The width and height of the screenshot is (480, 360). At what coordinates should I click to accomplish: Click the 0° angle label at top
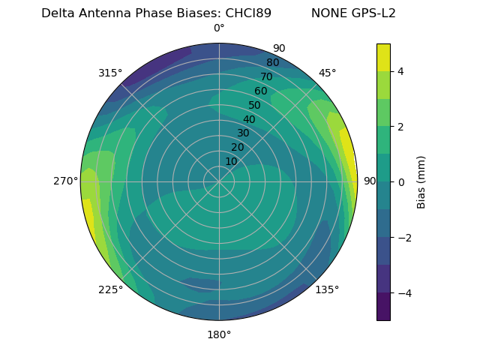pyautogui.click(x=219, y=28)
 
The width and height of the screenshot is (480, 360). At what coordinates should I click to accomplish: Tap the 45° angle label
pyautogui.click(x=327, y=73)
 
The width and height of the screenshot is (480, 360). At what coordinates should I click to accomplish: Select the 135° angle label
pyautogui.click(x=327, y=290)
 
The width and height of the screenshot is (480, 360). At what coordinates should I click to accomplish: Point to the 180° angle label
pyautogui.click(x=219, y=334)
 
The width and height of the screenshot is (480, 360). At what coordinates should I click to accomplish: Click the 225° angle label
pyautogui.click(x=110, y=290)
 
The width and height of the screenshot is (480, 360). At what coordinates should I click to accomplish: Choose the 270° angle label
pyautogui.click(x=66, y=181)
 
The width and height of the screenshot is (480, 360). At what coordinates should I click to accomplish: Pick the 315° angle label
pyautogui.click(x=110, y=73)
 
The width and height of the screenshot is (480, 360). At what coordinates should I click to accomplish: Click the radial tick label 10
pyautogui.click(x=231, y=161)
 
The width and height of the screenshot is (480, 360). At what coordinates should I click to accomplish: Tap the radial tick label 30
pyautogui.click(x=243, y=133)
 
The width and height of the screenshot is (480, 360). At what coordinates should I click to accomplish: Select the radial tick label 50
pyautogui.click(x=255, y=106)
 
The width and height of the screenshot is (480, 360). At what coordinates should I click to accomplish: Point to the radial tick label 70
pyautogui.click(x=266, y=76)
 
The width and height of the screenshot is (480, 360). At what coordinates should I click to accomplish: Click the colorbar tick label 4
pyautogui.click(x=401, y=71)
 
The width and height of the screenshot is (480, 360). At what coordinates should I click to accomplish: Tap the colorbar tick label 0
pyautogui.click(x=401, y=182)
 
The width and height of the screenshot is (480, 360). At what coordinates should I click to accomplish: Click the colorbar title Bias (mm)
pyautogui.click(x=421, y=182)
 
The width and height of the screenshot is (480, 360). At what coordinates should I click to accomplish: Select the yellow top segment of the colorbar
pyautogui.click(x=383, y=57)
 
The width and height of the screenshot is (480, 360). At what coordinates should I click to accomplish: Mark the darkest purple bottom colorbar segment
pyautogui.click(x=383, y=307)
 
